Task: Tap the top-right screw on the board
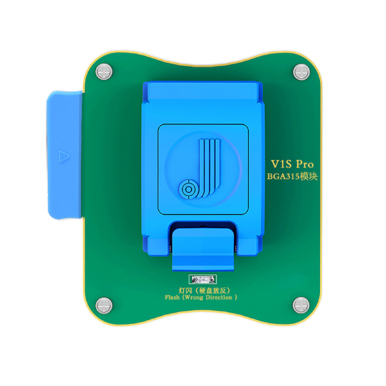click(299, 71)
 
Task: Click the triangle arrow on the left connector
click(63, 156)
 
